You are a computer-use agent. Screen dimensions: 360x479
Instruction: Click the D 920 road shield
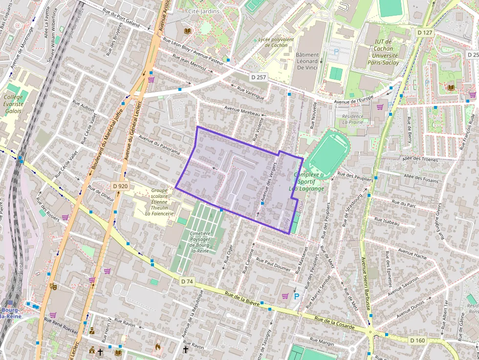[x=120, y=186]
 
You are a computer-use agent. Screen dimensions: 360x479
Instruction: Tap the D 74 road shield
[x=187, y=281]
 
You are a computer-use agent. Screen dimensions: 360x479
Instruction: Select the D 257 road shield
[x=258, y=77]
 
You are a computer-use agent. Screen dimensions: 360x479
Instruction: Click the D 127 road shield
[x=425, y=33]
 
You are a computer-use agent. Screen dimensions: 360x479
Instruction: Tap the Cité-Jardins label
[x=203, y=11]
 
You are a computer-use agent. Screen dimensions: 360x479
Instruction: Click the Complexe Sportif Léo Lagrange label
[x=306, y=181]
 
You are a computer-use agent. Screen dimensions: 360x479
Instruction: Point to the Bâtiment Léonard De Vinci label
[x=307, y=61]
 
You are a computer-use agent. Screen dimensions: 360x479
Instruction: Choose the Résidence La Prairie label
[x=353, y=119]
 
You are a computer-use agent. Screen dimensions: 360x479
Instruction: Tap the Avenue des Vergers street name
[x=266, y=183]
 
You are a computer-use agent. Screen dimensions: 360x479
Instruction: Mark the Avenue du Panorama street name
[x=159, y=145]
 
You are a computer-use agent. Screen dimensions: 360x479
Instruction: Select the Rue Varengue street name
[x=250, y=93]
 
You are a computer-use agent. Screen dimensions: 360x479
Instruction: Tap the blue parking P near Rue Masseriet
[x=296, y=296]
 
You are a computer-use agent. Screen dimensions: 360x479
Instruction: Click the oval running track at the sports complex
[x=328, y=154]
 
